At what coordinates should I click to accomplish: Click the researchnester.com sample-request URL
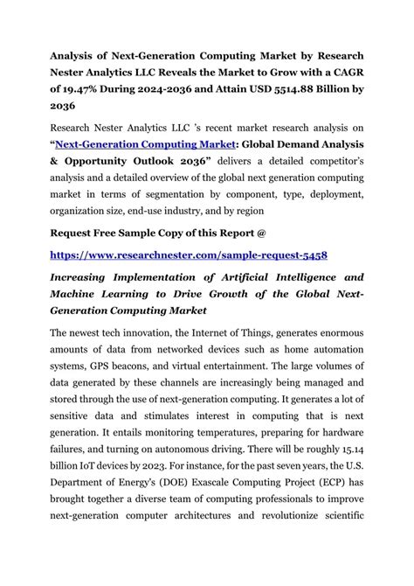coord(189,255)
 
